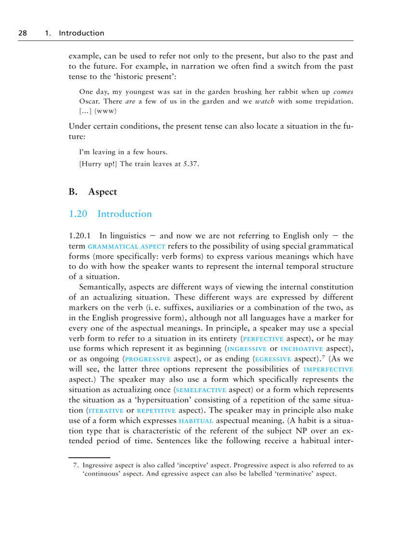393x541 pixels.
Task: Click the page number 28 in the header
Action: coord(22,33)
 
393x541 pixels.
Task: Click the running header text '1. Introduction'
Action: coord(74,33)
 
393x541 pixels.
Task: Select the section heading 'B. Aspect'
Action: coord(93,192)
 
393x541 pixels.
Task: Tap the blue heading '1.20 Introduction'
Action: coord(110,214)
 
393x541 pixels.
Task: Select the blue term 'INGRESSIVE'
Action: coord(247,349)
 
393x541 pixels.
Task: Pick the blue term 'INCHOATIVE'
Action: coord(302,349)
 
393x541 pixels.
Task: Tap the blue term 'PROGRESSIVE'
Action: coord(148,359)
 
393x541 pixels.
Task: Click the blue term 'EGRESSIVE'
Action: coord(273,359)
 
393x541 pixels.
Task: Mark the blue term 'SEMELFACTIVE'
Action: coord(201,390)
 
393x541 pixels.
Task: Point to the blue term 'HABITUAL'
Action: coord(196,421)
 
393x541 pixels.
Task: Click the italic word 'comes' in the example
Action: coord(343,92)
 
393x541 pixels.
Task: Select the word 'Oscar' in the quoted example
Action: coord(90,101)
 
